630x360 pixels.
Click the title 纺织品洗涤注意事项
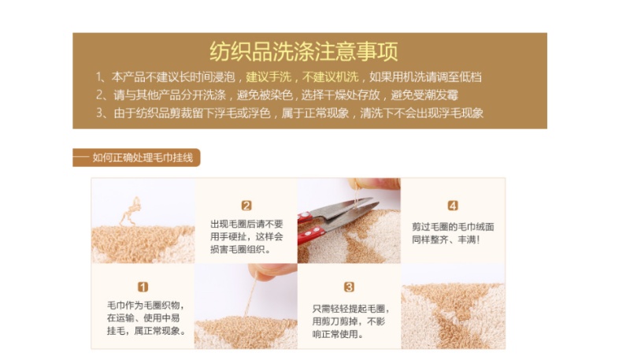point(304,51)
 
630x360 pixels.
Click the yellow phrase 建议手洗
point(269,76)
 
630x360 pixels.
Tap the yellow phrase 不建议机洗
point(330,76)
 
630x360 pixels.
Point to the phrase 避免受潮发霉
point(424,95)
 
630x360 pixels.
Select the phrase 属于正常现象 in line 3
point(315,113)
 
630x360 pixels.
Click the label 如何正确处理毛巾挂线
point(143,158)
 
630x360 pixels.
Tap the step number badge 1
point(143,287)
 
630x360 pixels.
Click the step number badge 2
point(246,206)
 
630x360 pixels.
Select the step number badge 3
point(349,287)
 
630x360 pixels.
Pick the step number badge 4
point(453,206)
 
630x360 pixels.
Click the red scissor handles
point(310,229)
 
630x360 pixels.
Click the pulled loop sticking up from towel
point(132,210)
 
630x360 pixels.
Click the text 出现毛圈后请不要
point(246,224)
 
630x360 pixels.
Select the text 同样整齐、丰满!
point(446,239)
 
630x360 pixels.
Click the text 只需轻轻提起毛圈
point(350,309)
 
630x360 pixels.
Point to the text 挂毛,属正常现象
point(146,331)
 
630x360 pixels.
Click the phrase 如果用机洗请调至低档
point(425,76)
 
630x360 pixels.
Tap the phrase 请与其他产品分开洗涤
point(169,95)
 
